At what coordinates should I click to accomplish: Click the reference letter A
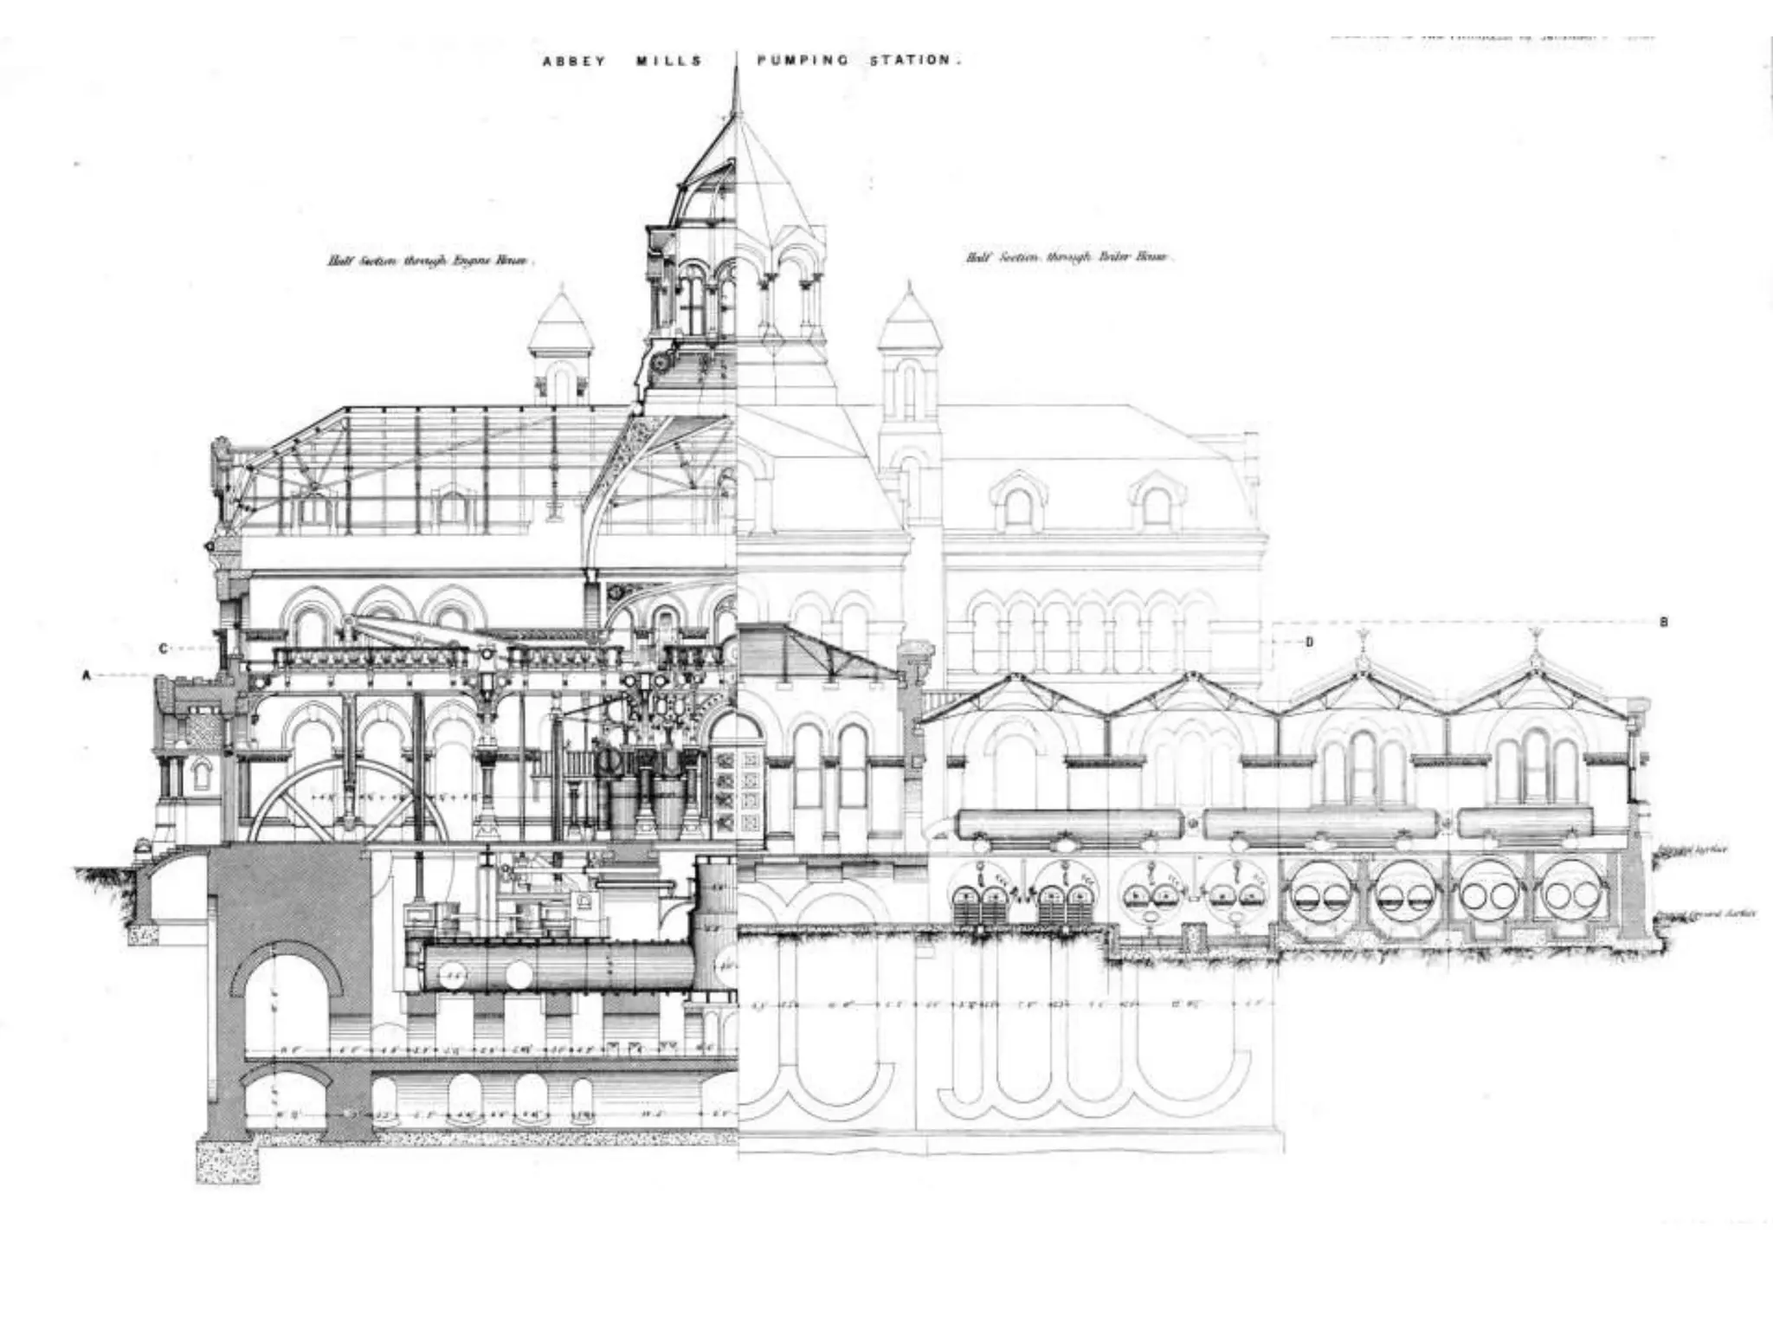(86, 676)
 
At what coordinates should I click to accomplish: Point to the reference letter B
(1664, 622)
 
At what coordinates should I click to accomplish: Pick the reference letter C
(163, 647)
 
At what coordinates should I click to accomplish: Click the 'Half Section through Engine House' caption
(430, 260)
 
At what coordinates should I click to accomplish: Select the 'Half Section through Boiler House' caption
(1067, 257)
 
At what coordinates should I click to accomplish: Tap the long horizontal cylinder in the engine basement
(558, 967)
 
